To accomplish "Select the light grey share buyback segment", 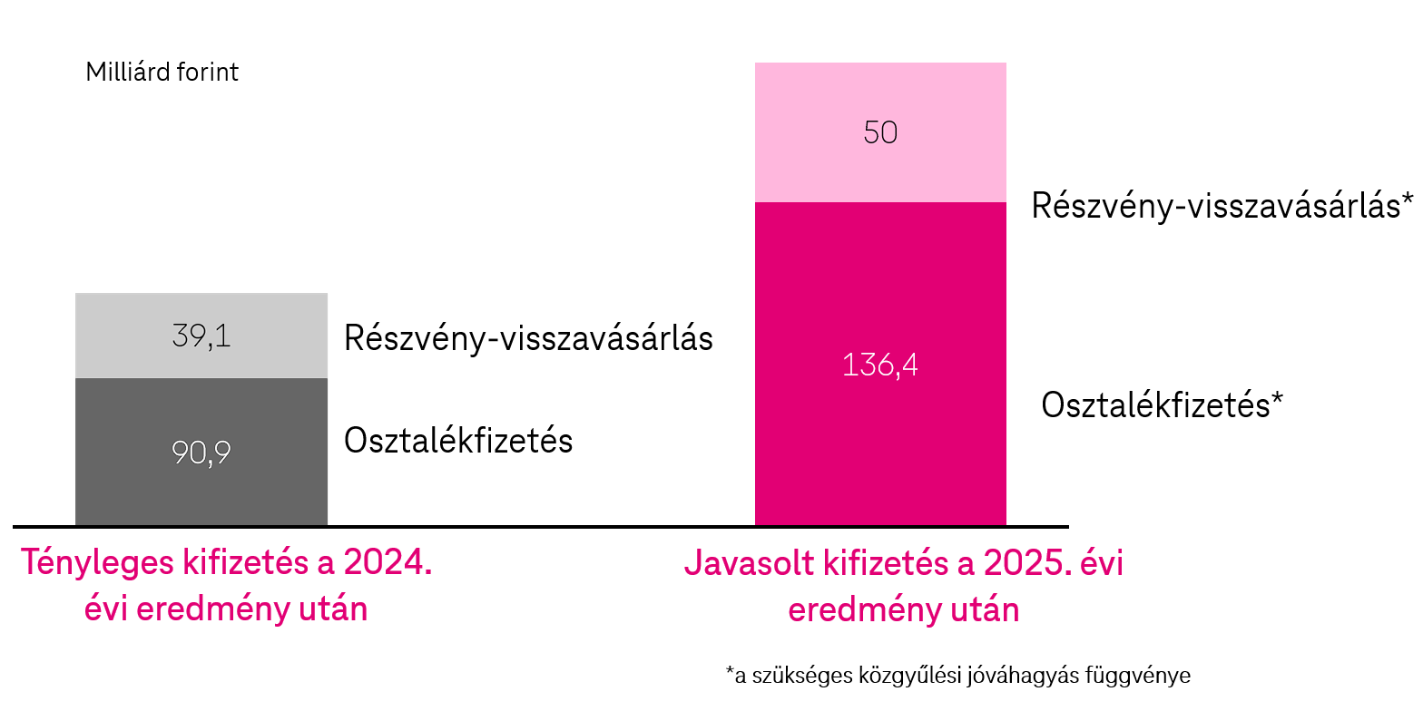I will [201, 314].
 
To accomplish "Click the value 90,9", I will [201, 453].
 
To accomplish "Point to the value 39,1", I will [201, 337].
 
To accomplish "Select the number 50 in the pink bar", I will [880, 132].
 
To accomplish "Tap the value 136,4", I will [880, 365].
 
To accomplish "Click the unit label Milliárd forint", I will [162, 73].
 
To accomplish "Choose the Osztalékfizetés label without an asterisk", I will [458, 441].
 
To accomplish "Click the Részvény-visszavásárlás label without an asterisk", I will [528, 338].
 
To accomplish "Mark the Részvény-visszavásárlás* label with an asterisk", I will [1222, 206].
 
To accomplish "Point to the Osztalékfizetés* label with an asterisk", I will [1163, 404].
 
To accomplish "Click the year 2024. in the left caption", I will [388, 563].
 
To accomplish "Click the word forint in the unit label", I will [208, 73].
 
